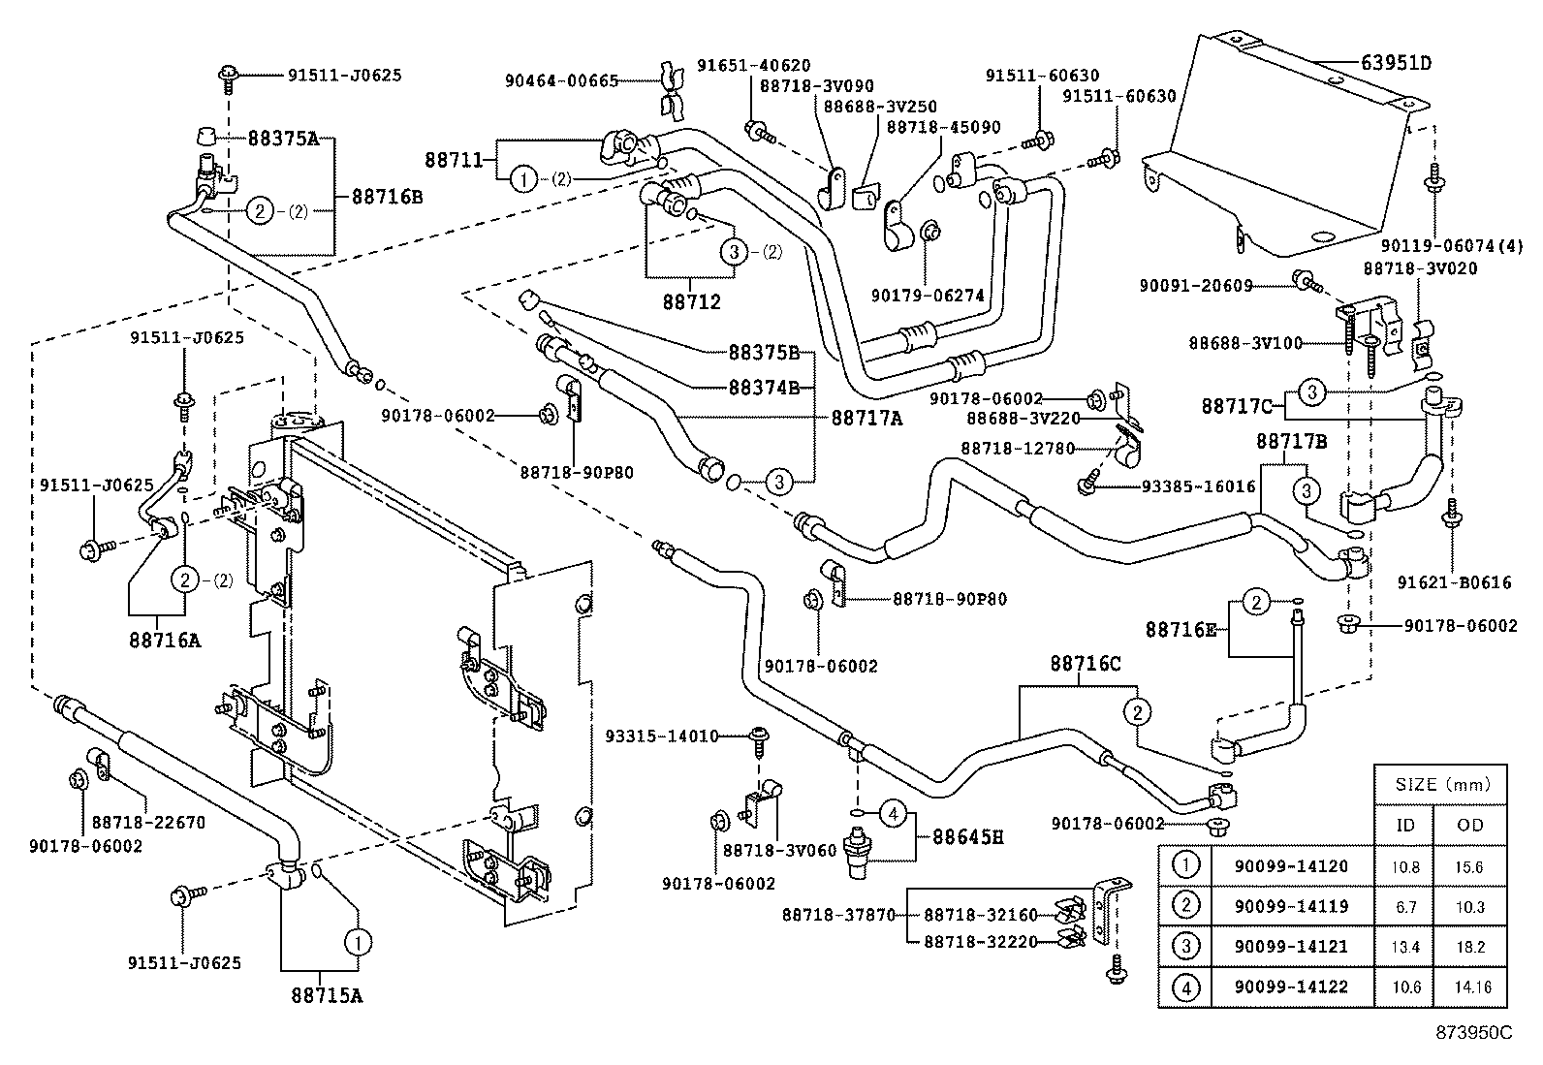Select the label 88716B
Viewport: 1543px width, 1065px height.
coord(387,196)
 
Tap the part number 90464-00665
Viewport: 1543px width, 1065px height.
coord(561,81)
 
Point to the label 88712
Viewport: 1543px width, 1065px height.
coord(692,301)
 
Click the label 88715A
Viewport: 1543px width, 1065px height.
coord(326,994)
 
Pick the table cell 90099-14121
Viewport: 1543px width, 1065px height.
coord(1291,947)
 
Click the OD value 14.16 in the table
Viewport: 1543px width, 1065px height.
coord(1470,987)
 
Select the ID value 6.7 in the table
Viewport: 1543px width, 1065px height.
coord(1404,907)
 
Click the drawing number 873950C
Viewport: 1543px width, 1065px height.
coord(1473,1033)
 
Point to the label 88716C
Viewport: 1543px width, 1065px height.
coord(1085,664)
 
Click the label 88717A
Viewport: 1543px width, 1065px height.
coord(866,418)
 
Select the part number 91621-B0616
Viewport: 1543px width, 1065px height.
coord(1454,582)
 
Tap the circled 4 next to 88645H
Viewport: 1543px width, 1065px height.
coord(894,816)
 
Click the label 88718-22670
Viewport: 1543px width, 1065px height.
coord(148,823)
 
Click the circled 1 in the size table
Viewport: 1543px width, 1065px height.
coord(1185,865)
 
